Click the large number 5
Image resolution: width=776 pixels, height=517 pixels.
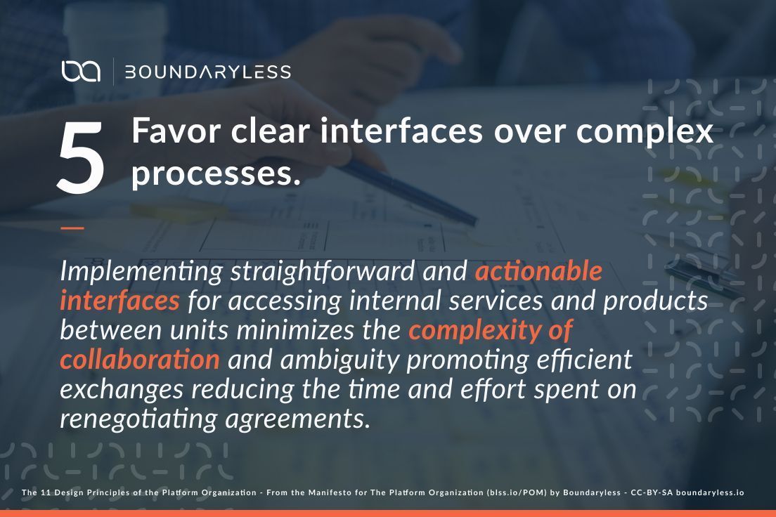pos(81,157)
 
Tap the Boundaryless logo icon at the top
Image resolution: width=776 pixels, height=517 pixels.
pos(81,72)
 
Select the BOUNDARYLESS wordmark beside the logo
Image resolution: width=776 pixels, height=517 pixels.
pos(207,72)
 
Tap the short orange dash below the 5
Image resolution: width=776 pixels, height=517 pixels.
pos(72,228)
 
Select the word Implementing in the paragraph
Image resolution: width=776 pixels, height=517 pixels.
pos(141,271)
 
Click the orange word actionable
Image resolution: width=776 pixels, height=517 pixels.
pos(538,270)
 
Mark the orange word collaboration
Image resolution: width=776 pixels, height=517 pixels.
pos(140,359)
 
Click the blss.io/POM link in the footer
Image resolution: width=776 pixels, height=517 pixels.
pos(515,493)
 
